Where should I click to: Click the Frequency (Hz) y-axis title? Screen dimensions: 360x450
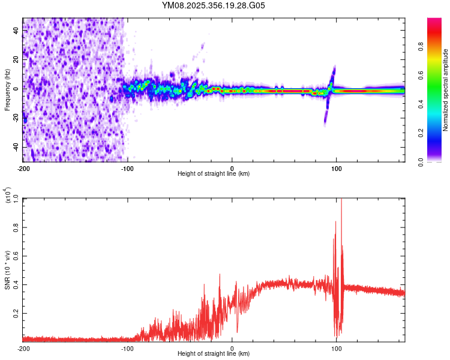7,90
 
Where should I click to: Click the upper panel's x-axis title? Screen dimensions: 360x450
214,173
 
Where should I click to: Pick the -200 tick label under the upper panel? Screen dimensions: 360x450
24,168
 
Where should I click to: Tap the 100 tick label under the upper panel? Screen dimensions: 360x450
337,168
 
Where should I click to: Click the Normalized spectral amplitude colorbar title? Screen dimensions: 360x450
446,90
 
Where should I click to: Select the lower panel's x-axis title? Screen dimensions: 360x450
214,353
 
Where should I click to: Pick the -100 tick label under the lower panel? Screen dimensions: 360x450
128,348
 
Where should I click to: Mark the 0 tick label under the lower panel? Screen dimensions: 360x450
232,348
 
